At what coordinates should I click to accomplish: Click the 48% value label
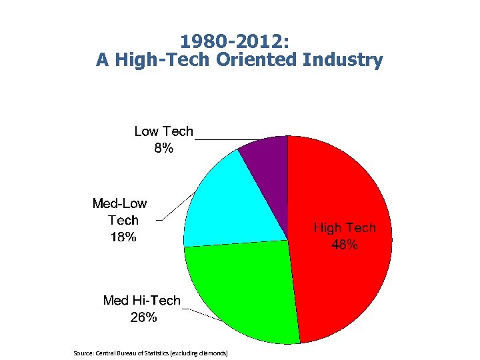click(345, 245)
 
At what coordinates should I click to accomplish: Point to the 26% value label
click(143, 317)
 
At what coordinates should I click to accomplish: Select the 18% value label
click(123, 236)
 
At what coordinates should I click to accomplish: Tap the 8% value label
click(163, 148)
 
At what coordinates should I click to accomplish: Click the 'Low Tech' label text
click(163, 131)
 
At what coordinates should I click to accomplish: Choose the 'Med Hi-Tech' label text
click(141, 301)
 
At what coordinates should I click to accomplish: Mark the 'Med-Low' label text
click(119, 203)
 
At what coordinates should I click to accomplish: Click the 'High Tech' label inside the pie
click(345, 228)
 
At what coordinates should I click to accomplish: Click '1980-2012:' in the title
click(239, 41)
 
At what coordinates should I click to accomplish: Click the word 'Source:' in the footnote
click(84, 351)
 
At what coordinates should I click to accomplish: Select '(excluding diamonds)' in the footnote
click(199, 351)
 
